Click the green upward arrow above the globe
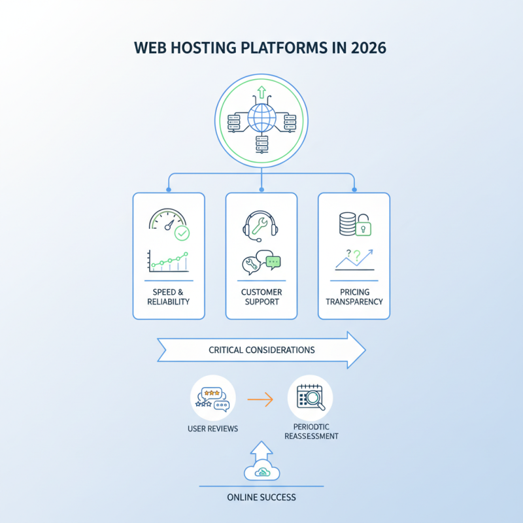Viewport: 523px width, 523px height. click(x=261, y=93)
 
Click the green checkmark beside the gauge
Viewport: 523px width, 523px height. click(x=182, y=233)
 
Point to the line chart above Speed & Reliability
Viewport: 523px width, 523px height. click(x=169, y=261)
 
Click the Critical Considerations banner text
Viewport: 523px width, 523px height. click(x=261, y=350)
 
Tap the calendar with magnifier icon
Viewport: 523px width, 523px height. click(x=310, y=396)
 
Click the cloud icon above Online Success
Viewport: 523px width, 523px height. click(x=261, y=473)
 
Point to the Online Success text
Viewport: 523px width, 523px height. click(x=261, y=498)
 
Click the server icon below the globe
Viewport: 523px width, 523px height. click(x=261, y=146)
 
